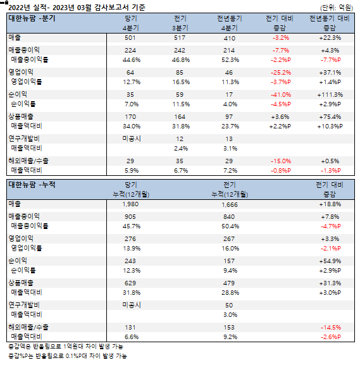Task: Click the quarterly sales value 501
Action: [130, 38]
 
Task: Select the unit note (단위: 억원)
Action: [337, 8]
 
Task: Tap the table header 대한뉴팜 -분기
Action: [32, 18]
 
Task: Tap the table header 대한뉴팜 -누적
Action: [32, 185]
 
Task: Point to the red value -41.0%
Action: [280, 95]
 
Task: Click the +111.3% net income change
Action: [330, 95]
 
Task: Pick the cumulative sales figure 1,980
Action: [130, 204]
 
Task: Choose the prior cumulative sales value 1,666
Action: [230, 205]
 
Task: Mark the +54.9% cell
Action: [330, 261]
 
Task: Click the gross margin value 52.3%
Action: [230, 60]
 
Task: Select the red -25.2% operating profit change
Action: [280, 73]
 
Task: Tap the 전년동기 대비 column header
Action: [330, 18]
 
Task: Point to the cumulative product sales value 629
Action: [130, 283]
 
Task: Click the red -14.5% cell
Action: [331, 328]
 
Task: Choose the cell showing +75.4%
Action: [330, 117]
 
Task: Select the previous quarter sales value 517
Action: [180, 38]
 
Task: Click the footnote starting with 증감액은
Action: [66, 347]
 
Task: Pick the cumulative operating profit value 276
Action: [130, 239]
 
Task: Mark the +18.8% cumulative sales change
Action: [330, 204]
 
